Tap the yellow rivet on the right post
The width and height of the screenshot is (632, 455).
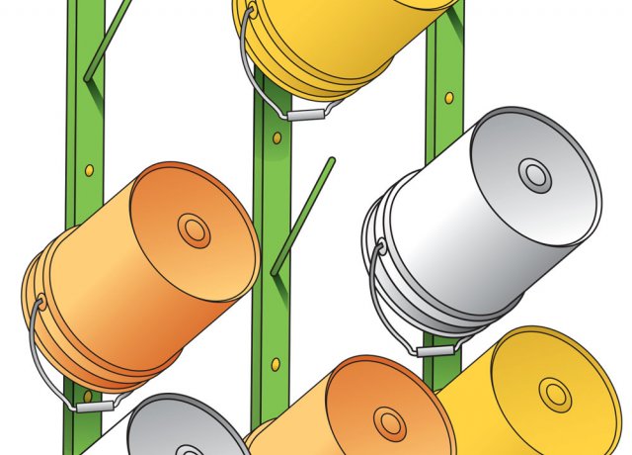tap(449, 98)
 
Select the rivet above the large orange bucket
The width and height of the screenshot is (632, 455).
tap(89, 170)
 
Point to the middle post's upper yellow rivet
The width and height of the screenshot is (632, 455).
tap(276, 137)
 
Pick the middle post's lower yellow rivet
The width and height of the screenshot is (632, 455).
tap(276, 365)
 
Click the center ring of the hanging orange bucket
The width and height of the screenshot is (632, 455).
tap(194, 231)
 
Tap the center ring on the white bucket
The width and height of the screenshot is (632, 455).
tap(535, 176)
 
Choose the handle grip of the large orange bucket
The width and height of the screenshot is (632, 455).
tap(96, 405)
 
